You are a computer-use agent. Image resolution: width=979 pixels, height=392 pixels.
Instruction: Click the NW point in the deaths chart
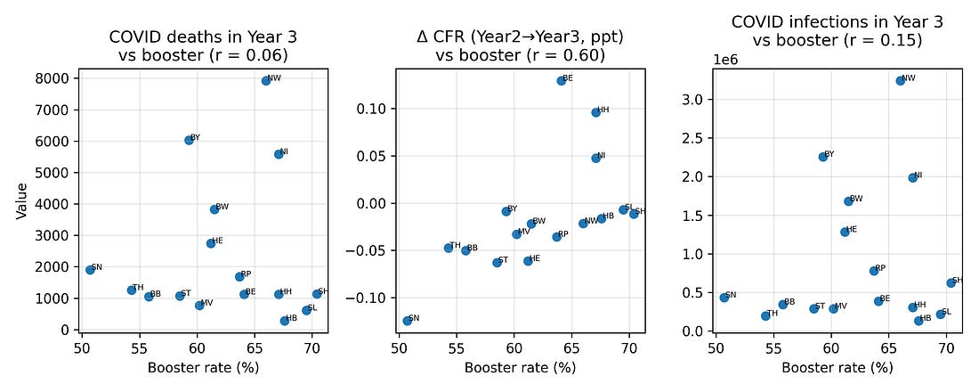click(266, 80)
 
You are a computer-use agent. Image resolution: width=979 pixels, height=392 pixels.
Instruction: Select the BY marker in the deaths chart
click(189, 140)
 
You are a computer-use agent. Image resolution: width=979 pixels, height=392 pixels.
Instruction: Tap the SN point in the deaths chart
click(90, 269)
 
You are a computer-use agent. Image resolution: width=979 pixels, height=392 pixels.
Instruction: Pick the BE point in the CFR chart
click(562, 80)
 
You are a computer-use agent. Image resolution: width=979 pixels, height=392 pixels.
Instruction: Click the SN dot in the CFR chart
click(408, 321)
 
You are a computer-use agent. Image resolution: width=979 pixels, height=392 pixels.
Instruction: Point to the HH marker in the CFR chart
click(596, 112)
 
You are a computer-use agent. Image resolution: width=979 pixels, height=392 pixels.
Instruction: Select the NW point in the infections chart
click(901, 80)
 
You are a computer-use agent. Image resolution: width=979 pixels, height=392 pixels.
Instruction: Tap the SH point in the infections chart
click(951, 282)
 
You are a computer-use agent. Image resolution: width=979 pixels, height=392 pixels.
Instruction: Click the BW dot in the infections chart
click(848, 200)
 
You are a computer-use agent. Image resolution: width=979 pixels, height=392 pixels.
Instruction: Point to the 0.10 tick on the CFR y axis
click(372, 109)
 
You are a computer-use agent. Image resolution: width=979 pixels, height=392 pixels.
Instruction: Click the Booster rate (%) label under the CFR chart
click(521, 367)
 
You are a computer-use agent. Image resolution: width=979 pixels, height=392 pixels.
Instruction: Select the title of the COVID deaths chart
click(204, 45)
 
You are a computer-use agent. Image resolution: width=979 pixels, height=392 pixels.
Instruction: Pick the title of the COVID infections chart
click(837, 30)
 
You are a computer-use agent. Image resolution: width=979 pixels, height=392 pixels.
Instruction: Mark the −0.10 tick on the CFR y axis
click(368, 298)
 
